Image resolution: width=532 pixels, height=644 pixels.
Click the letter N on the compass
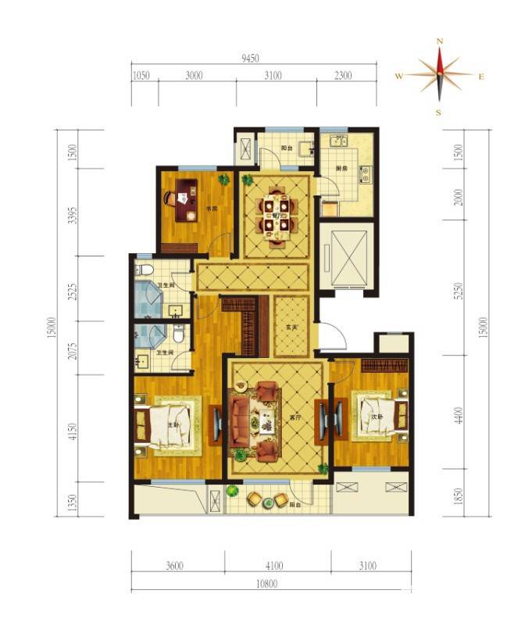440,41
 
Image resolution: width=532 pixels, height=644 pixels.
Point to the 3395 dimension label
72,216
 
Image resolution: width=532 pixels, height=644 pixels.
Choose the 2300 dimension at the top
343,76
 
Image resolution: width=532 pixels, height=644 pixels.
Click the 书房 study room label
211,209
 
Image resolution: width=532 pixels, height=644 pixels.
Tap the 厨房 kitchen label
341,166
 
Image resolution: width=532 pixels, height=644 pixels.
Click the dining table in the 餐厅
278,215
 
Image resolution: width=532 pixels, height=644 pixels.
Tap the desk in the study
186,201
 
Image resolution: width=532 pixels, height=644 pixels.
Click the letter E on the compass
481,76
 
